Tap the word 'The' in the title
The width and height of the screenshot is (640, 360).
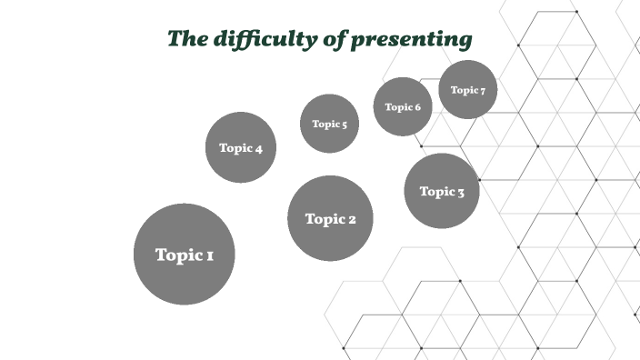click(x=188, y=38)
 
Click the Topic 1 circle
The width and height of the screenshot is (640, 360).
click(x=185, y=254)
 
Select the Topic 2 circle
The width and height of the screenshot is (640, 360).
click(x=330, y=218)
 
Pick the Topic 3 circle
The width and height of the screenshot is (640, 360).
click(x=442, y=191)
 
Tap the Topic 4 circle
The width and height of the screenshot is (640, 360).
click(x=240, y=147)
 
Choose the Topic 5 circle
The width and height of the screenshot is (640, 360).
click(x=329, y=124)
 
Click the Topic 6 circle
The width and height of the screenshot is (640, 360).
click(x=402, y=106)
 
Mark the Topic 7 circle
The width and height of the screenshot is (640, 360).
click(x=467, y=90)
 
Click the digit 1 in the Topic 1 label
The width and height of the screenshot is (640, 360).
click(x=210, y=255)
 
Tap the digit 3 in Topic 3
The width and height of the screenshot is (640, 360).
click(x=460, y=192)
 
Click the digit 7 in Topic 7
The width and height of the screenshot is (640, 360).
click(x=482, y=91)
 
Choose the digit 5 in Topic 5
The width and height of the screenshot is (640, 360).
click(x=344, y=125)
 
